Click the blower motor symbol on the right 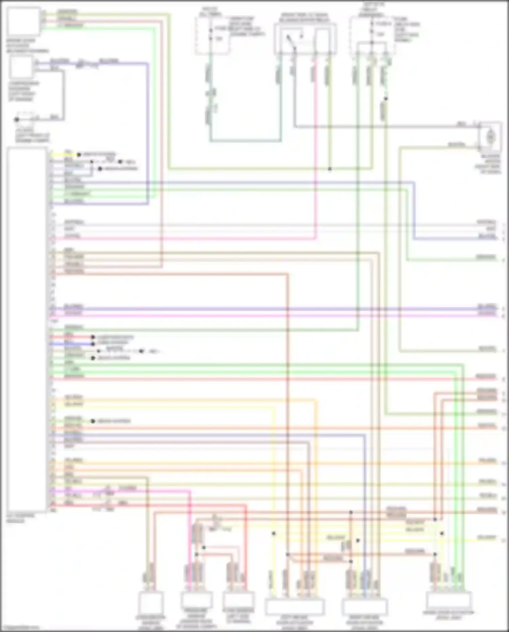coord(490,137)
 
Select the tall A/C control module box coord(27,329)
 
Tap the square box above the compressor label coord(21,67)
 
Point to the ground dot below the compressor coord(16,120)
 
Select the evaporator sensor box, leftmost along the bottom coord(150,603)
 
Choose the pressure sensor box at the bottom coord(196,600)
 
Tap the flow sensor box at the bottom coord(238,600)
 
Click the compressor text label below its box coord(23,91)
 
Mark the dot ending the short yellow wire coord(79,155)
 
